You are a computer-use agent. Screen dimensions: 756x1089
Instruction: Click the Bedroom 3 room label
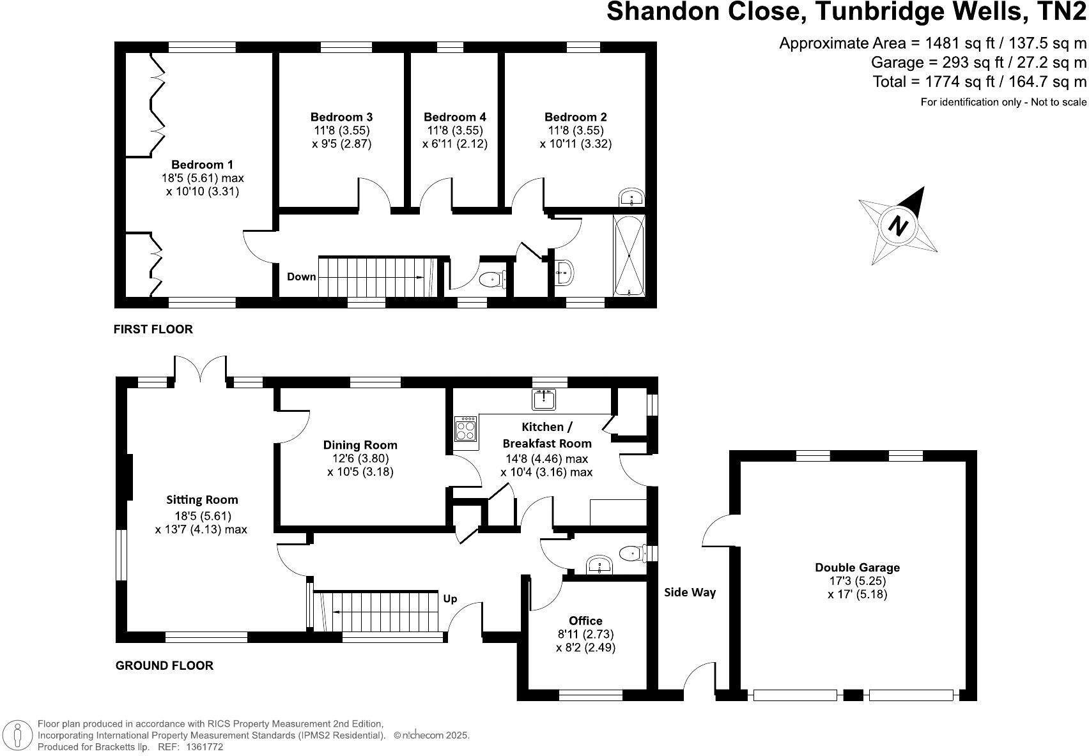pos(341,117)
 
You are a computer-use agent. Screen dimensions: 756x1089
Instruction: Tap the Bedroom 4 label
pos(454,117)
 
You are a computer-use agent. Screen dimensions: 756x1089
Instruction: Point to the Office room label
pos(585,621)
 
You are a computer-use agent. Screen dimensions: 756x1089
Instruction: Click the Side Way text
pos(690,593)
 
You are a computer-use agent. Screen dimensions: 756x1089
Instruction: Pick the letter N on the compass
pos(899,225)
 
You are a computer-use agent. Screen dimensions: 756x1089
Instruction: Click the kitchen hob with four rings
pos(465,428)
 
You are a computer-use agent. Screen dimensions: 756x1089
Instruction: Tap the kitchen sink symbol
pos(544,399)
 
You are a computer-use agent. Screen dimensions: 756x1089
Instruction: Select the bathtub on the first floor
pos(629,255)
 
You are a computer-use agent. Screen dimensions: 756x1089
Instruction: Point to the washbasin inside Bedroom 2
pos(631,197)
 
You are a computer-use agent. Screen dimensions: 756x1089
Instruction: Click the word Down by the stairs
pos(301,276)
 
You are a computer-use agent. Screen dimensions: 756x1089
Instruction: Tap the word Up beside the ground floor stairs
pos(450,599)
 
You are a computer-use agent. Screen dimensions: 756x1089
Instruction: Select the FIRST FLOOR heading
pos(153,329)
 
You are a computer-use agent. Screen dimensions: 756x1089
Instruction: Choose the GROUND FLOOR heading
pos(164,665)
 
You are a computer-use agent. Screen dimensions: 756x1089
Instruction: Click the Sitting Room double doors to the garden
pos(200,370)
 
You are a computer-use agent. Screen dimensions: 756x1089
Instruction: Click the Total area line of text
pos(979,82)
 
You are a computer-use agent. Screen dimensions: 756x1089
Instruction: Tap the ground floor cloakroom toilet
pos(632,552)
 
